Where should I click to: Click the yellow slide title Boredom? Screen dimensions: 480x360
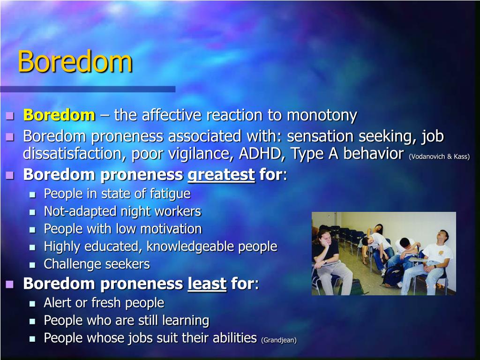[x=75, y=61]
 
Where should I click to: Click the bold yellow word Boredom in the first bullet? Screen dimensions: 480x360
[x=60, y=115]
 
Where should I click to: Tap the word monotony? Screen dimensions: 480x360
[x=322, y=116]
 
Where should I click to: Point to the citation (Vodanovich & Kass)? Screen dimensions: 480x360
[x=439, y=157]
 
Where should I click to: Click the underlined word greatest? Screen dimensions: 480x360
[x=221, y=175]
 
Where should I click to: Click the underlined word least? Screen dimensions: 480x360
[x=207, y=283]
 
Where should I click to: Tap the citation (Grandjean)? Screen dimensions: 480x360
[x=279, y=340]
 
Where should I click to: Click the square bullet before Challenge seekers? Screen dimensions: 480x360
[x=32, y=265]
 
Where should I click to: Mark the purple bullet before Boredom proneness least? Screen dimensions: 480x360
[x=10, y=284]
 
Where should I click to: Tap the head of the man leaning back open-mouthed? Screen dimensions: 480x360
[x=442, y=236]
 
